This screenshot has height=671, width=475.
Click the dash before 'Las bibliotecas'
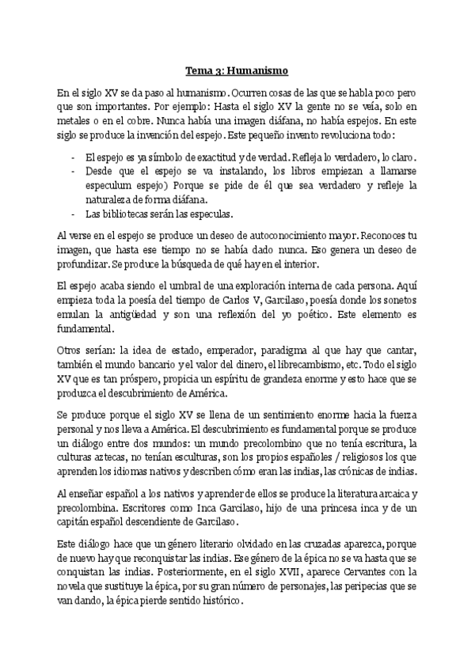(74, 214)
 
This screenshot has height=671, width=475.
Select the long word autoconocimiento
(273, 236)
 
